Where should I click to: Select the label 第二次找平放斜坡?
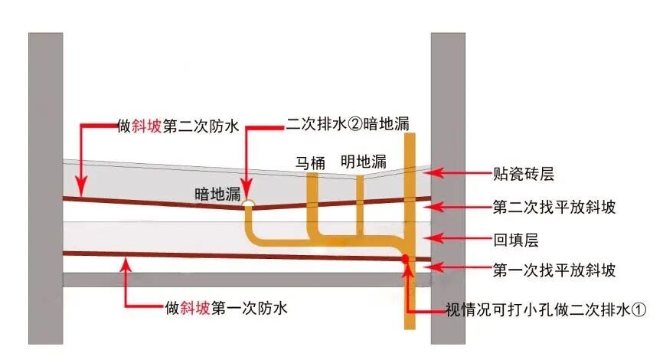pyautogui.click(x=554, y=207)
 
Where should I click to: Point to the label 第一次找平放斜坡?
pyautogui.click(x=554, y=270)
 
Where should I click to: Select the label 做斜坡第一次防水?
pyautogui.click(x=226, y=308)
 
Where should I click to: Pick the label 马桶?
pyautogui.click(x=312, y=162)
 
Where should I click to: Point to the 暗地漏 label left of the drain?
pyautogui.click(x=217, y=195)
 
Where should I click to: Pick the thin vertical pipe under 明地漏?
pyautogui.click(x=358, y=201)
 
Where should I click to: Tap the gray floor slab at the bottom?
pyautogui.click(x=230, y=280)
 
